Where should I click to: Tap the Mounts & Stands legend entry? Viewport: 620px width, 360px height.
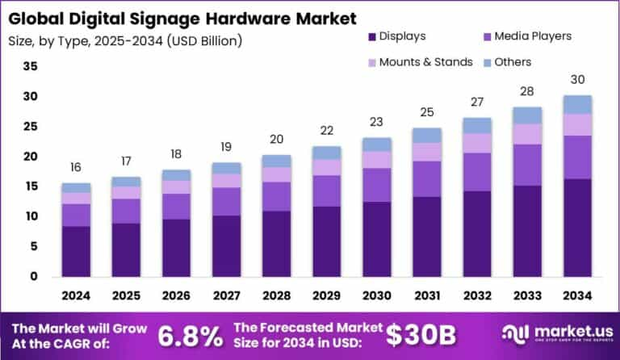417,62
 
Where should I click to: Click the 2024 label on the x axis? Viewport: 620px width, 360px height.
76,296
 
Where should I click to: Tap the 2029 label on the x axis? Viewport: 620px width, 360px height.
326,296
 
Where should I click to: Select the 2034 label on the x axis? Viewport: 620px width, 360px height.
577,296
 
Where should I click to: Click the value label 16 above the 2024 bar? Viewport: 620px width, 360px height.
76,167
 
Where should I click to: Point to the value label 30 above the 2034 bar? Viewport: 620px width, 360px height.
577,80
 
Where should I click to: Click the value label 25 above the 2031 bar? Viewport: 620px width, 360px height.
427,112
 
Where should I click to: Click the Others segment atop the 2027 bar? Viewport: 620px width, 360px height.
226,168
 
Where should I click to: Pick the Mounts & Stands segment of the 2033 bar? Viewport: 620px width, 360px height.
527,134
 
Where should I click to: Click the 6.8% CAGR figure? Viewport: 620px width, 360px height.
191,334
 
